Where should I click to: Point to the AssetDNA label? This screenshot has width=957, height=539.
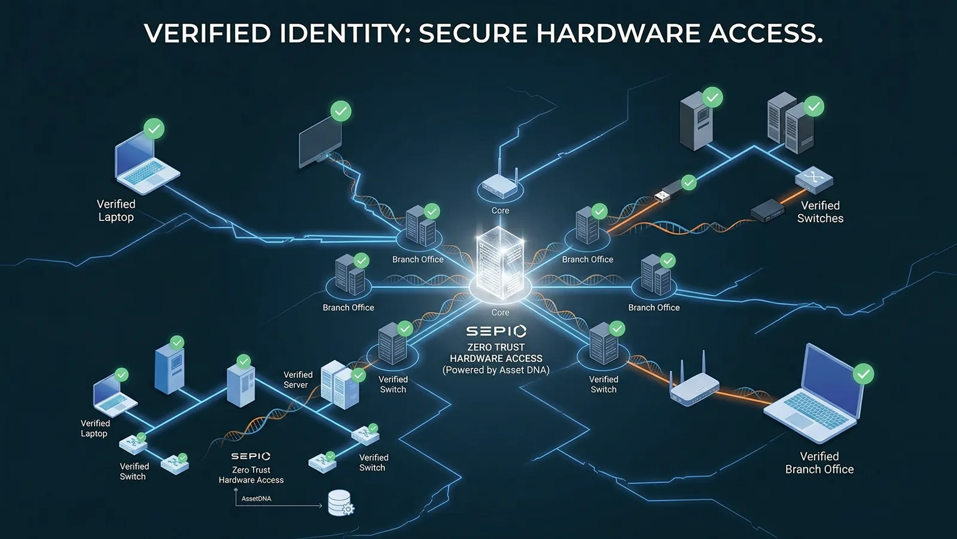[x=256, y=498]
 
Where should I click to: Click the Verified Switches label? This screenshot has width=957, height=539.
[x=820, y=212]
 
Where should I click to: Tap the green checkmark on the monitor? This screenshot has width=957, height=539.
[x=341, y=111]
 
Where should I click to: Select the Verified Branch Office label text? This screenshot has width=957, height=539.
[x=819, y=463]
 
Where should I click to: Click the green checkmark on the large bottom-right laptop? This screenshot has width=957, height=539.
[x=863, y=374]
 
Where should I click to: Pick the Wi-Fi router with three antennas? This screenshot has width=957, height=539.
[x=694, y=386]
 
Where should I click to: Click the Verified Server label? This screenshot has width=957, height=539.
[x=297, y=380]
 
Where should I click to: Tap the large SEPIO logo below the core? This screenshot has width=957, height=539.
[x=496, y=331]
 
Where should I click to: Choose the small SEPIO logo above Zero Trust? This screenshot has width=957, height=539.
[x=251, y=456]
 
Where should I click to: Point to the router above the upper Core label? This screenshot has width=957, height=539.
[x=499, y=183]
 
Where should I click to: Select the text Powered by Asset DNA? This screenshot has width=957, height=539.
[x=496, y=370]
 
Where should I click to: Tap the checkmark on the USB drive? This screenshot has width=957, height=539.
[x=689, y=182]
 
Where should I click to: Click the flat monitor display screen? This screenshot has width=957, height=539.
[x=320, y=141]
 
